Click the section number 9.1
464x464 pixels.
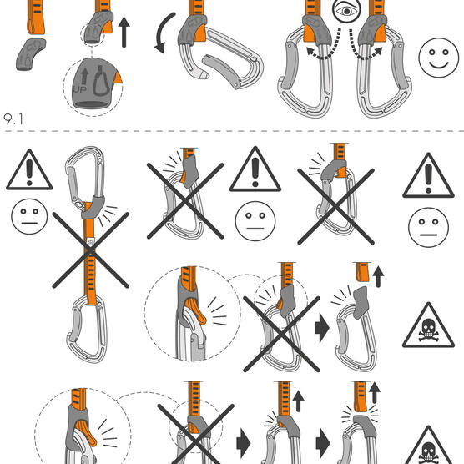13,119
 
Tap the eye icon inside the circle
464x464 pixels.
346,11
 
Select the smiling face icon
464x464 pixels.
438,58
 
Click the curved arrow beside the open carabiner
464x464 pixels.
163,33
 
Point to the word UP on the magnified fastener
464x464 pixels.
80,89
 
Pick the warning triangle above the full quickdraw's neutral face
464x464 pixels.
29,169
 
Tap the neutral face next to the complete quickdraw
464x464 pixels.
29,217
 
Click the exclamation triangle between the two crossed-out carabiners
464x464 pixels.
255,169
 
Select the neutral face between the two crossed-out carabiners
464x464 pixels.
255,221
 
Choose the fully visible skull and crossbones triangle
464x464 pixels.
428,325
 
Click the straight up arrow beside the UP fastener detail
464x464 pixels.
124,32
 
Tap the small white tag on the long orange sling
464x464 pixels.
90,242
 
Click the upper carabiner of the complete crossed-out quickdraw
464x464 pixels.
85,178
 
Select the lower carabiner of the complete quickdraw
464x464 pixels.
87,330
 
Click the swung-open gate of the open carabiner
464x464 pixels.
221,70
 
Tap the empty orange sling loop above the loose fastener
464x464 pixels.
36,18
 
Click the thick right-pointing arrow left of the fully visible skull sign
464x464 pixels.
322,328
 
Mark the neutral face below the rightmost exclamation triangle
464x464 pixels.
428,227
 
